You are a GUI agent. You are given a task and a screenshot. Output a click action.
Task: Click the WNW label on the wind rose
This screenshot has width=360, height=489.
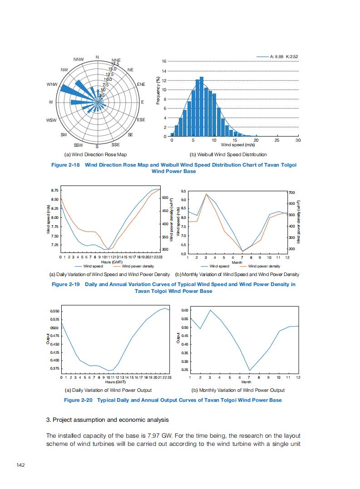click(52, 84)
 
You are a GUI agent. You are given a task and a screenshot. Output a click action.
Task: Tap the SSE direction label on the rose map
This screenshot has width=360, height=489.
click(115, 145)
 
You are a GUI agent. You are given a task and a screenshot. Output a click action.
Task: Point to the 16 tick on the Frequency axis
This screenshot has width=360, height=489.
click(164, 61)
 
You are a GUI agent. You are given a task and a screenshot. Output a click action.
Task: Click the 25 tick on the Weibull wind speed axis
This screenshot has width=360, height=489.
click(277, 141)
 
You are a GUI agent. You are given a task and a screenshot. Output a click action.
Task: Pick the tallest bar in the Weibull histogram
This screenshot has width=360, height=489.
click(202, 107)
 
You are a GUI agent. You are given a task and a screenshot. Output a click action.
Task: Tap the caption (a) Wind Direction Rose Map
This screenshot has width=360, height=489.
click(96, 155)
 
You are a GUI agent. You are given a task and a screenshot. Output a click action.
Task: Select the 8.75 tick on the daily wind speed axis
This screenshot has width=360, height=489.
click(54, 190)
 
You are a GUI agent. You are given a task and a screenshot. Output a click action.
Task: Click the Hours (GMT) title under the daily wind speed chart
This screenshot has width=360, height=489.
click(111, 262)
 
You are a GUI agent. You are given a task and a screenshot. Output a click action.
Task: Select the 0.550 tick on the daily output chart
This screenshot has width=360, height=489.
click(54, 311)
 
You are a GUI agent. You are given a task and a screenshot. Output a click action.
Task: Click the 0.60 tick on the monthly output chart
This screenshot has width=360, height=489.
click(185, 310)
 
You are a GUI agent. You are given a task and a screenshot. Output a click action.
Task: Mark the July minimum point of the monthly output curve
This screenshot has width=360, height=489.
click(249, 370)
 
